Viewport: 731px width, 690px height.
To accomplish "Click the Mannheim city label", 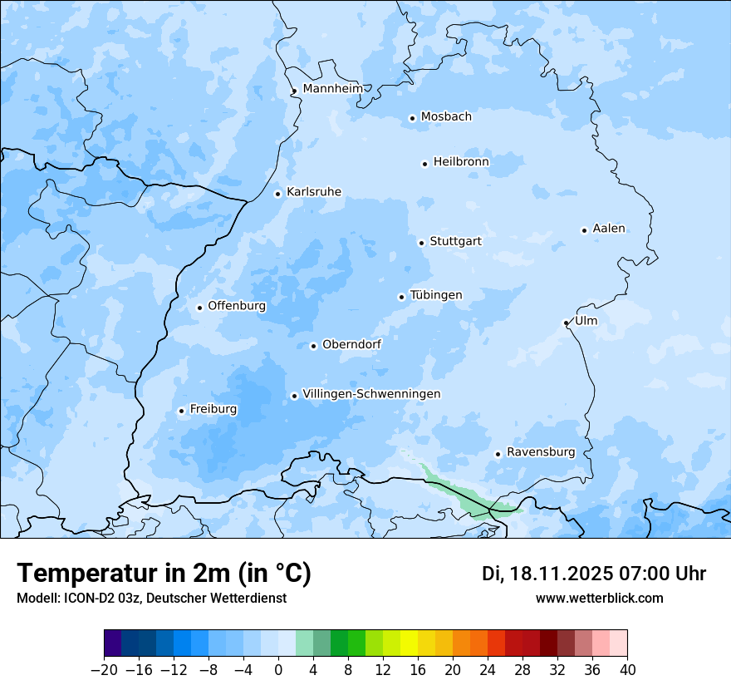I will click(x=333, y=89).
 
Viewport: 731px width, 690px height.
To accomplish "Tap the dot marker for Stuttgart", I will click(x=421, y=243).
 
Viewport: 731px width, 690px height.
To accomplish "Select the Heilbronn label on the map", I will click(x=461, y=162).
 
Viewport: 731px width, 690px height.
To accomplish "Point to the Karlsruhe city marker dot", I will click(x=278, y=194).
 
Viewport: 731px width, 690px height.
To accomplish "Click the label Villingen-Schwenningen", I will click(x=371, y=394).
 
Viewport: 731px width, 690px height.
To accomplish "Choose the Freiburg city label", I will click(x=213, y=409).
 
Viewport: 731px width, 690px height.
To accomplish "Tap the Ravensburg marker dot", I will click(x=498, y=454).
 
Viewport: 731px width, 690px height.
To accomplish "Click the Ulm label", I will click(x=586, y=321).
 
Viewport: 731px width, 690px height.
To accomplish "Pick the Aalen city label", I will click(x=609, y=229).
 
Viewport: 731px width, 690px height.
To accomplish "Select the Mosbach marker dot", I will click(x=412, y=118).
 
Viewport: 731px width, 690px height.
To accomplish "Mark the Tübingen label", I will click(x=436, y=295).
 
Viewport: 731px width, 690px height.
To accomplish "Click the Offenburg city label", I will click(x=237, y=306).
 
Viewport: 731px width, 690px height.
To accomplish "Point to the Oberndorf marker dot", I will click(x=313, y=346).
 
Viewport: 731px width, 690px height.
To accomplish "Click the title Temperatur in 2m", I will click(x=164, y=574).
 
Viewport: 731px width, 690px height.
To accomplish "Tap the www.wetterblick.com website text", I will click(x=599, y=599).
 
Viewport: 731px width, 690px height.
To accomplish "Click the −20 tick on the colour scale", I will click(x=104, y=669).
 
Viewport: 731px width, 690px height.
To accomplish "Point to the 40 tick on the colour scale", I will click(x=627, y=669).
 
